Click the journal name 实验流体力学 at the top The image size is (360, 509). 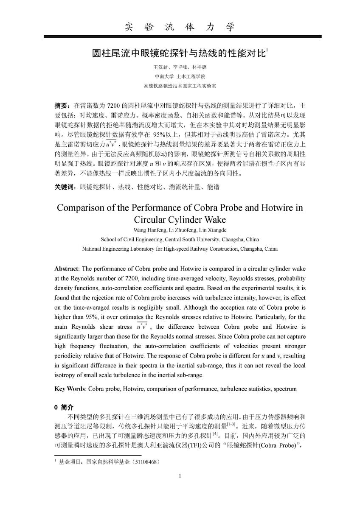tap(180, 28)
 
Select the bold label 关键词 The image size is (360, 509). tap(65, 187)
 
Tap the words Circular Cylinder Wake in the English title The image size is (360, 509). tap(180, 220)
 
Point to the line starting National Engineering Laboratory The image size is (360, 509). tap(180, 249)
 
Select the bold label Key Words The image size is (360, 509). tap(70, 389)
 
